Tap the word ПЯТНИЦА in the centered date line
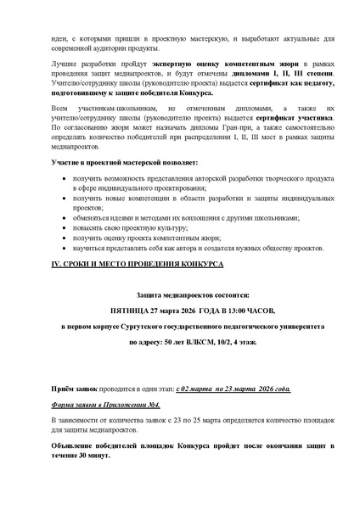[x=127, y=310]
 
